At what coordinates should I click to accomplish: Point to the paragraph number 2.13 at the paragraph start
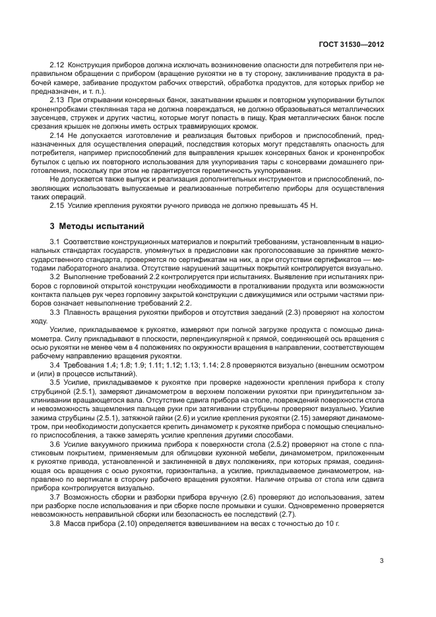(x=58, y=100)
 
